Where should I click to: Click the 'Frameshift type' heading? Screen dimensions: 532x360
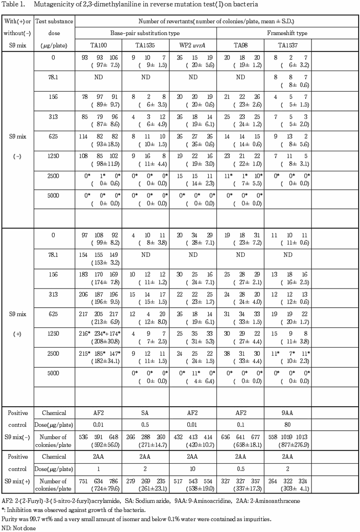[x=288, y=33]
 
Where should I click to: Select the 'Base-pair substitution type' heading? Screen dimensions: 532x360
[x=146, y=33]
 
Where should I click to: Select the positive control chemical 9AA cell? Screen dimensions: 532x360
[x=287, y=413]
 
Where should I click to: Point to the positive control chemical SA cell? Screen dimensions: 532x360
[x=145, y=413]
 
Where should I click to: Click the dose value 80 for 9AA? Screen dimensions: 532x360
[x=287, y=425]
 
